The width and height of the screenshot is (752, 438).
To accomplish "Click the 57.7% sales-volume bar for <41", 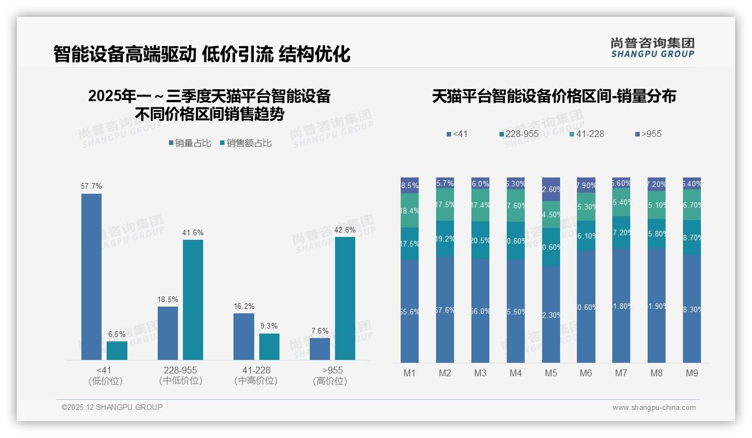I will [x=91, y=276].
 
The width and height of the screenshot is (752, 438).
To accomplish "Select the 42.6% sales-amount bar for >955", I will [x=345, y=298].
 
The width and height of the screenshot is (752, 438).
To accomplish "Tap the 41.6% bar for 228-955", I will [x=193, y=299].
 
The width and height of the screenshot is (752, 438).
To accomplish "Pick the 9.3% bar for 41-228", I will [x=269, y=346].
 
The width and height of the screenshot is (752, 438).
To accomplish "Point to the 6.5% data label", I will [x=117, y=334].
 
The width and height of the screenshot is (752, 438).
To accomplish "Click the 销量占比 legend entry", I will [x=190, y=143].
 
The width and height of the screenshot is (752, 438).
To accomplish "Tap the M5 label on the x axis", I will [x=551, y=373].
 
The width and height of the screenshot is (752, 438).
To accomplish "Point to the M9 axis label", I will [x=691, y=373].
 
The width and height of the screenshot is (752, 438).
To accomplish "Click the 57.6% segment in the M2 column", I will [x=445, y=309].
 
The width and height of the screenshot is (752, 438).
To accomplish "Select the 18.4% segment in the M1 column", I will [x=410, y=211].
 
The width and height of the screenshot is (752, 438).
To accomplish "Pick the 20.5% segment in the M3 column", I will [x=480, y=240].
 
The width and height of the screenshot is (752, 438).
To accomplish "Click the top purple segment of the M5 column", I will [x=551, y=189].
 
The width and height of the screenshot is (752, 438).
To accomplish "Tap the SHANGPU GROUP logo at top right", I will [x=653, y=47].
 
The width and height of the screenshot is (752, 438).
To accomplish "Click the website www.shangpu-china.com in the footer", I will [x=654, y=408].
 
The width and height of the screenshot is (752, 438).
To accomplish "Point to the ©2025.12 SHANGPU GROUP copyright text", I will [x=112, y=407].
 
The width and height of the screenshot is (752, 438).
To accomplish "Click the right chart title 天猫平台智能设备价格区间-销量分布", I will [x=554, y=96].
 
